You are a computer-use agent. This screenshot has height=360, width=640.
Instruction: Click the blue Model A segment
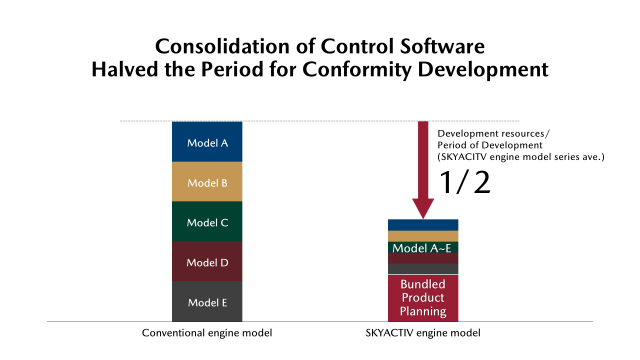pyautogui.click(x=207, y=141)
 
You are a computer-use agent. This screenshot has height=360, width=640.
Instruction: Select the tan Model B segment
pyautogui.click(x=207, y=181)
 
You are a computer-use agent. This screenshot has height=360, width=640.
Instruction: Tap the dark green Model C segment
pyautogui.click(x=207, y=221)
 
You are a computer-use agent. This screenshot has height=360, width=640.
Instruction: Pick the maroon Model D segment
pyautogui.click(x=207, y=261)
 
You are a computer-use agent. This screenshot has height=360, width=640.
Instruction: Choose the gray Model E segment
pyautogui.click(x=207, y=301)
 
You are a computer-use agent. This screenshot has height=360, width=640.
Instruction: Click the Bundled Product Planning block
pyautogui.click(x=423, y=298)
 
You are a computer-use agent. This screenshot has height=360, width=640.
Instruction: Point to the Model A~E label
pyautogui.click(x=422, y=248)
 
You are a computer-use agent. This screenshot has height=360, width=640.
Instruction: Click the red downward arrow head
pyautogui.click(x=423, y=209)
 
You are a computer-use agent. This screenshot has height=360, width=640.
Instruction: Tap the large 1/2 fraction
pyautogui.click(x=464, y=182)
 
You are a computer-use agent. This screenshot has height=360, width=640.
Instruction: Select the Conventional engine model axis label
pyautogui.click(x=207, y=333)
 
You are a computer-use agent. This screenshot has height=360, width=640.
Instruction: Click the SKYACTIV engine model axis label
pyautogui.click(x=423, y=333)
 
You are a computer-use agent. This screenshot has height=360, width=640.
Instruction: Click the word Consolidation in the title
pyautogui.click(x=222, y=46)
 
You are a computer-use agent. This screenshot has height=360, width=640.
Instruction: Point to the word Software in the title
pyautogui.click(x=442, y=46)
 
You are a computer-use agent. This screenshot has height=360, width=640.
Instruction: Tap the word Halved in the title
pyautogui.click(x=125, y=69)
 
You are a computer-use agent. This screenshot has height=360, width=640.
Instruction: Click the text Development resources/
pyautogui.click(x=493, y=133)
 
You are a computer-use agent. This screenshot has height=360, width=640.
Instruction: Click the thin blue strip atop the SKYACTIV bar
pyautogui.click(x=423, y=225)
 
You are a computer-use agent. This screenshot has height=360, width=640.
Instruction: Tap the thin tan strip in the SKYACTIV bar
pyautogui.click(x=423, y=236)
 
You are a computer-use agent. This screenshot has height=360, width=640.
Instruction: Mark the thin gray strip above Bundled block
pyautogui.click(x=423, y=269)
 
